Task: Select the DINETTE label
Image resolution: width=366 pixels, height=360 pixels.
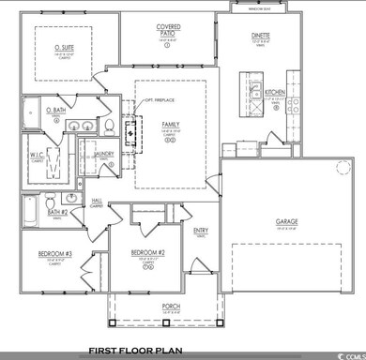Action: tap(260, 35)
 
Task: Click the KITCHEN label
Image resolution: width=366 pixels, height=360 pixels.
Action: tap(274, 92)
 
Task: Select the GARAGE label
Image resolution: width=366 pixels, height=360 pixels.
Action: tap(286, 222)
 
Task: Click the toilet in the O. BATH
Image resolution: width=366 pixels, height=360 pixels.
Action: tap(109, 125)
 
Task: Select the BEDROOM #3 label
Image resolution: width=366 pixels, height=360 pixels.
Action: tap(52, 253)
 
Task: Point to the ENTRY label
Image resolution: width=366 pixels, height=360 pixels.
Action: tap(200, 231)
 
